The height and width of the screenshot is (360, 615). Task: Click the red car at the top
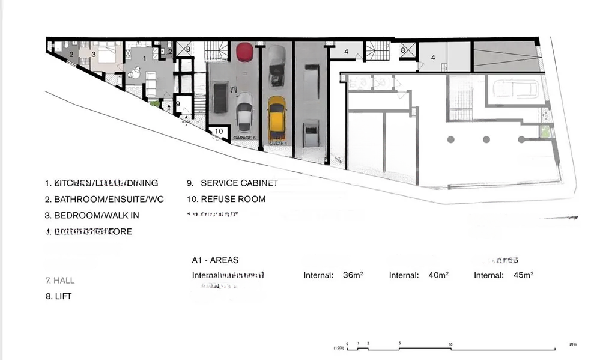coord(244,52)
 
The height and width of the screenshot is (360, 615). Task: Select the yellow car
coord(276,117)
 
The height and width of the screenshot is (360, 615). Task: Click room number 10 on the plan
coord(219,131)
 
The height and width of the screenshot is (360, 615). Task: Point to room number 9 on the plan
coord(178,103)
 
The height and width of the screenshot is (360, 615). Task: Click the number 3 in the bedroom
coord(94,54)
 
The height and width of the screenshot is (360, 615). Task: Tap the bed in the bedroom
coord(107,55)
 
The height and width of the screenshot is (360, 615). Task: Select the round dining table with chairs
coord(133,74)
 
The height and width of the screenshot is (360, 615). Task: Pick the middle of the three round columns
coord(486,139)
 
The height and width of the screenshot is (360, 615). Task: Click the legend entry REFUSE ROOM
coord(226,199)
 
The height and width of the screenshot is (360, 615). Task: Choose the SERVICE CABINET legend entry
coord(232,183)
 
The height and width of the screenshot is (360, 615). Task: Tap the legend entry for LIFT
coord(59,296)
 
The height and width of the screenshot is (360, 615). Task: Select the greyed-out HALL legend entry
coord(60,280)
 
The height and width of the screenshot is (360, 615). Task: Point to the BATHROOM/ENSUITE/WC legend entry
coord(104,199)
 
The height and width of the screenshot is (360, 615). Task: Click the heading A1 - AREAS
coord(215,260)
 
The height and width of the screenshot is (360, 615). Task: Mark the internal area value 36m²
coord(353,275)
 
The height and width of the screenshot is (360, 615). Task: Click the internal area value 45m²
coord(523,275)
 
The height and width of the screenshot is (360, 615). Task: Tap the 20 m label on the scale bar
coord(572,344)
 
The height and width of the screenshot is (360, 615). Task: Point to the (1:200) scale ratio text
coord(338,349)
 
